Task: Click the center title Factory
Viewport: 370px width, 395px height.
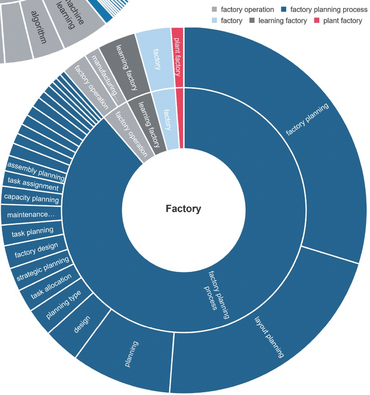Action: [x=183, y=209]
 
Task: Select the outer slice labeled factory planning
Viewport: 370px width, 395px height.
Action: [x=307, y=119]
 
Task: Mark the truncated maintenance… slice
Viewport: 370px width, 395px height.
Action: [x=31, y=214]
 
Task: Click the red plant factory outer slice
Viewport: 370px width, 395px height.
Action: [x=177, y=57]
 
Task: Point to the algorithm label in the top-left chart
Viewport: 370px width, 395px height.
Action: [x=38, y=30]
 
